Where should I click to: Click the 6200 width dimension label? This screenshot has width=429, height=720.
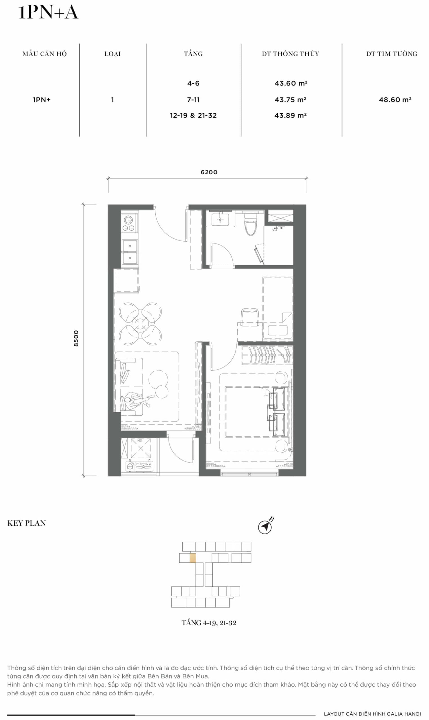[209, 172]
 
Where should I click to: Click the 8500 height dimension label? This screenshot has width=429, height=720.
[76, 338]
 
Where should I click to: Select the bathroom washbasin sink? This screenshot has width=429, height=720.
[220, 220]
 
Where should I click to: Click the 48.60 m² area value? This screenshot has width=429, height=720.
[395, 100]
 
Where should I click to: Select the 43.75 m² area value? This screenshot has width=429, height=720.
[290, 100]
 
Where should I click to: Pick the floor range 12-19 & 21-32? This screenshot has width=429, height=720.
[193, 116]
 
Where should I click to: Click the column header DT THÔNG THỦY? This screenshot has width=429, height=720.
[291, 54]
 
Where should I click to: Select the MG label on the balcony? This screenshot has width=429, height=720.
[140, 441]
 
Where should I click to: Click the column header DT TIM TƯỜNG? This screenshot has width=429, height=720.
[392, 54]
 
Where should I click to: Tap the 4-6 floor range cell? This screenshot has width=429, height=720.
[193, 84]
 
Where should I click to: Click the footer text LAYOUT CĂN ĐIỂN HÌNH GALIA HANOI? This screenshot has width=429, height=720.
[372, 714]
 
